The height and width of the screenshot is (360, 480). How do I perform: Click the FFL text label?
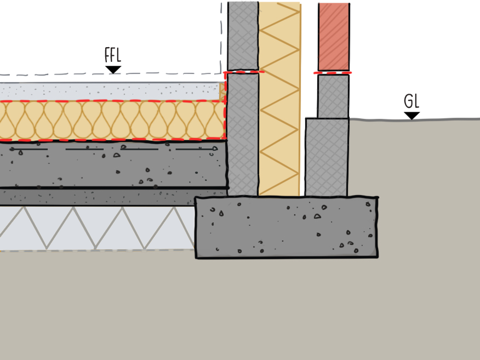point(112,55)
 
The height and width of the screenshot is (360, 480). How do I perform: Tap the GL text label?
point(412,101)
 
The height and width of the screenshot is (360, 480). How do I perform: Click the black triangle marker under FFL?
point(113,70)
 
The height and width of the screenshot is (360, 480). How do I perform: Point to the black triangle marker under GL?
point(412,116)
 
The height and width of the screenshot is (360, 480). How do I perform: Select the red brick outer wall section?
point(334,36)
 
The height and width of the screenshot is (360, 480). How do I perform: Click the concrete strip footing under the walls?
point(286,227)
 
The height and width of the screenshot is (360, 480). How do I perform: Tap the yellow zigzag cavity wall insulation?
point(279,99)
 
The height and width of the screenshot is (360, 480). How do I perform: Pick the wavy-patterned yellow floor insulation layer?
point(110,121)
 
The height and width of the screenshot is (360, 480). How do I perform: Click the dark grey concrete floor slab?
point(110,164)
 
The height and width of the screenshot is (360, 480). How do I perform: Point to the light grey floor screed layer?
point(110,91)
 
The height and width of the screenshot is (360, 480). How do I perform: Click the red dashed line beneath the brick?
point(333,72)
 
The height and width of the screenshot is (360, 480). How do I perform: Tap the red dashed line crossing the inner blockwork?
point(243,72)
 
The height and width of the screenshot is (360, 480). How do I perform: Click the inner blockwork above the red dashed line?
point(243,36)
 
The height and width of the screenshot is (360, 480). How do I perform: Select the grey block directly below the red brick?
point(333,96)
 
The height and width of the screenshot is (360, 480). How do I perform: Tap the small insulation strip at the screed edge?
point(222,92)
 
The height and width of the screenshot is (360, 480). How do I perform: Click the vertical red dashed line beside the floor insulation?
point(225,110)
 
